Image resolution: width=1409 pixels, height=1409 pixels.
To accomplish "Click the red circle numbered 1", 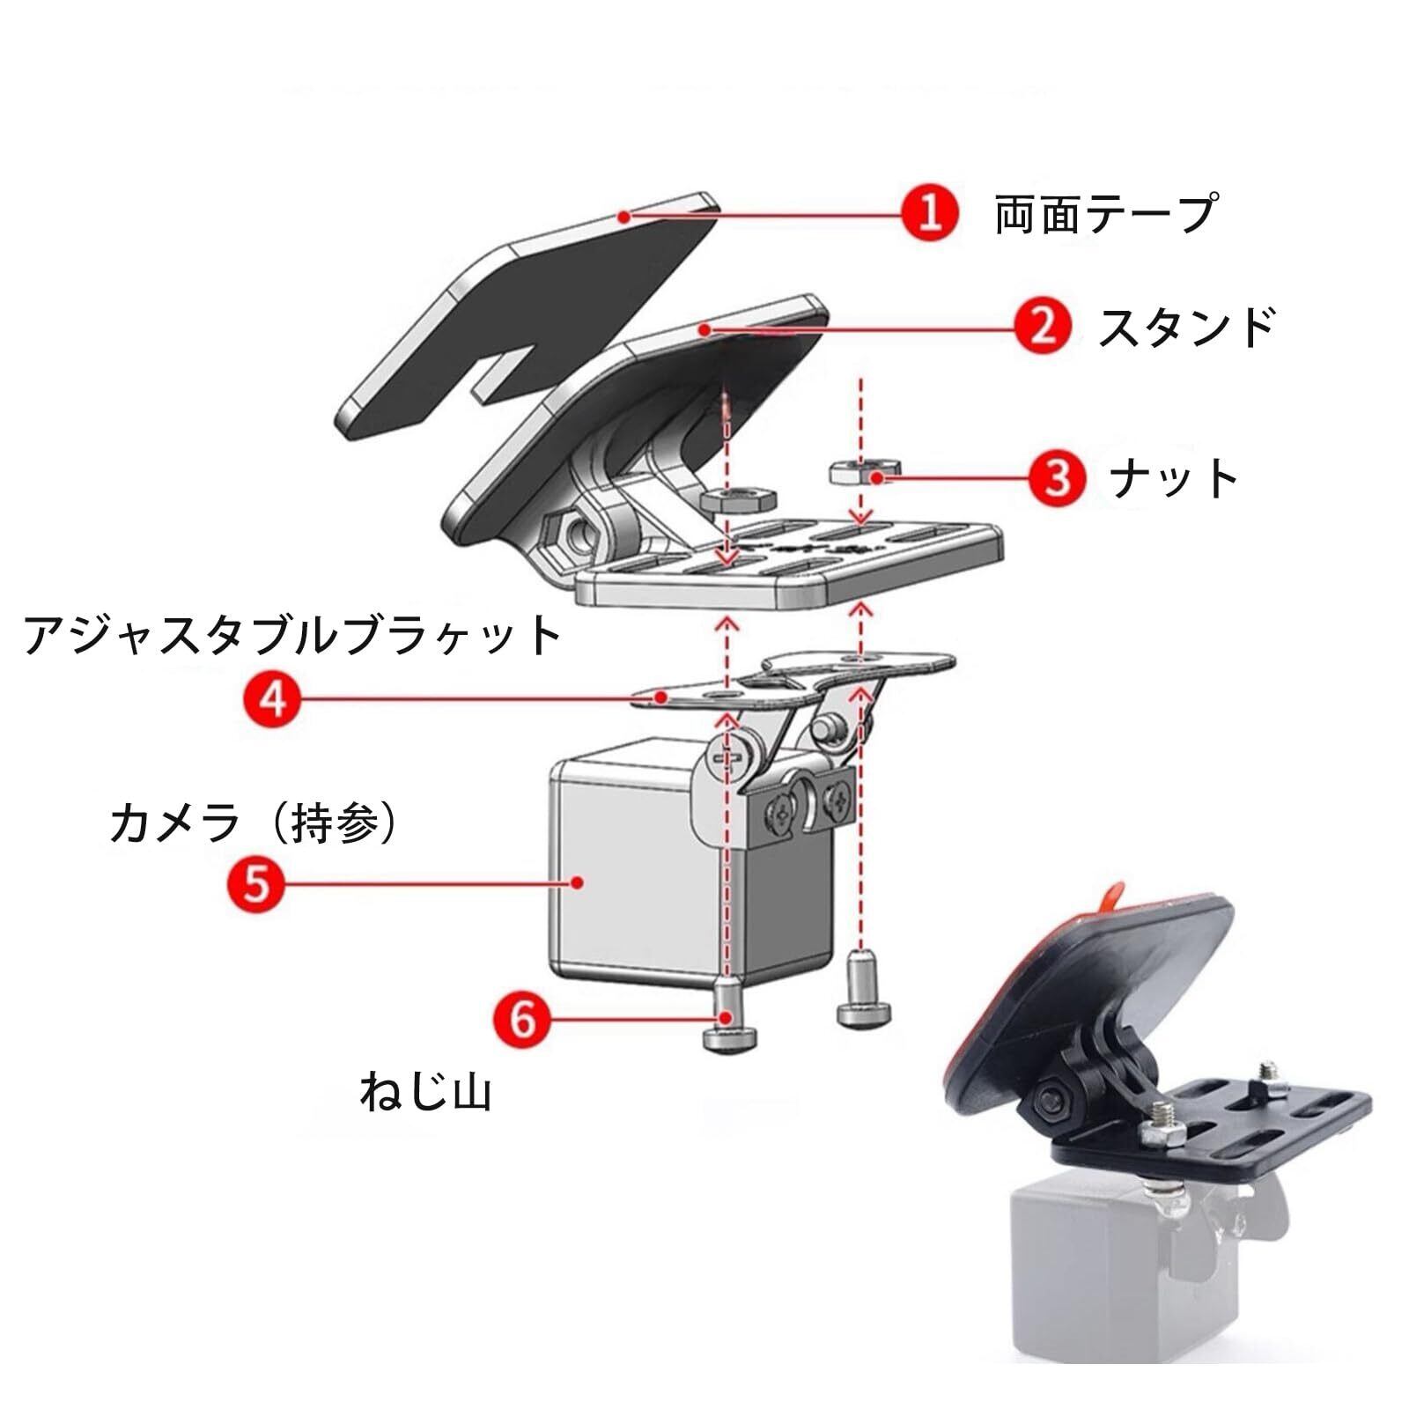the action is (930, 213).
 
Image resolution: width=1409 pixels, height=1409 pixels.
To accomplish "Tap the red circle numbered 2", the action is (1043, 328).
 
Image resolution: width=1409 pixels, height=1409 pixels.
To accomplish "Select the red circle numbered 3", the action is (1058, 477).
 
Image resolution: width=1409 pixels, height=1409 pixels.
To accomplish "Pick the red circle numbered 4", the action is (273, 700).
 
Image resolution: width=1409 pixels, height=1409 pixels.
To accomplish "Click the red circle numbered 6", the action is (523, 1020).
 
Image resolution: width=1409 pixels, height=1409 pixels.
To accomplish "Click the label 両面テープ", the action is (1105, 214).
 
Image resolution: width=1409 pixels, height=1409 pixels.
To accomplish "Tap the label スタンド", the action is (1186, 328).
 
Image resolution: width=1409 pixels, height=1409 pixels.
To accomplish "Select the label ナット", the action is (1174, 478).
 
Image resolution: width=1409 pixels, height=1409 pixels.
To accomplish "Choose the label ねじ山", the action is (425, 1092).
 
